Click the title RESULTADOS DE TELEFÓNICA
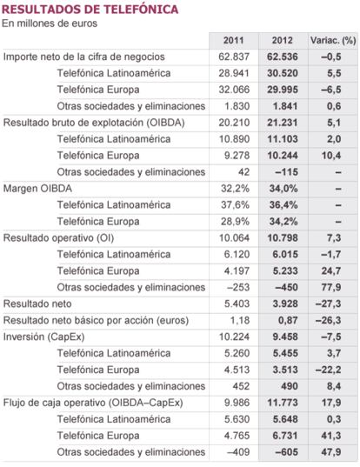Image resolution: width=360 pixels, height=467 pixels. (90, 10)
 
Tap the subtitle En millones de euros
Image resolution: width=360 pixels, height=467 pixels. (50, 23)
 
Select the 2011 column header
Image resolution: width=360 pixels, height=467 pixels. (233, 41)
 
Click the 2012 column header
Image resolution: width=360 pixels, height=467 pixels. (283, 41)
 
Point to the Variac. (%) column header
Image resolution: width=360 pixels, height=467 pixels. (333, 41)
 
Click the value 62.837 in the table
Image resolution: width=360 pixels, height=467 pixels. (234, 57)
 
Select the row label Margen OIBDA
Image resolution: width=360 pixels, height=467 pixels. (37, 189)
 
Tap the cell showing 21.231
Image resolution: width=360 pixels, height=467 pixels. (283, 123)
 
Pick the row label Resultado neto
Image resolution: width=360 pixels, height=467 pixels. (37, 304)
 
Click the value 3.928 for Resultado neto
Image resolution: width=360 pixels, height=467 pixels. (285, 304)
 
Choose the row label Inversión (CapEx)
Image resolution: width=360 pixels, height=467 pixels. (43, 337)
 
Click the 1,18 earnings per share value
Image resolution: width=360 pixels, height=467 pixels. (240, 321)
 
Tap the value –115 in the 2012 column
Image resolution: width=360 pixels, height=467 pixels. (286, 172)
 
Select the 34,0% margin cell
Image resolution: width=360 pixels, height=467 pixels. (283, 189)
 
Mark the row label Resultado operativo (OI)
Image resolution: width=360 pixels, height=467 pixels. (58, 238)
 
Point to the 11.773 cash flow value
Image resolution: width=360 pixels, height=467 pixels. (283, 403)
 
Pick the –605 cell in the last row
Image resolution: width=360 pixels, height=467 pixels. (286, 452)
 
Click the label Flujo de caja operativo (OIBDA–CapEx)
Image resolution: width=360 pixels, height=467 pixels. (93, 403)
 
